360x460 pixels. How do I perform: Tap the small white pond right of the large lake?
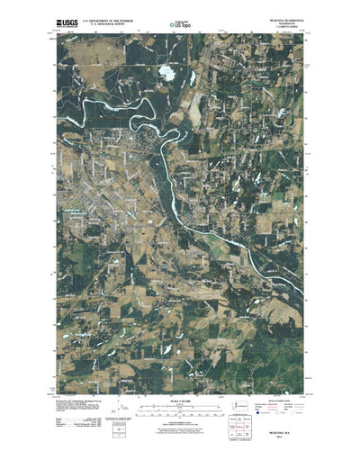pyautogui.click(x=194, y=79)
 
